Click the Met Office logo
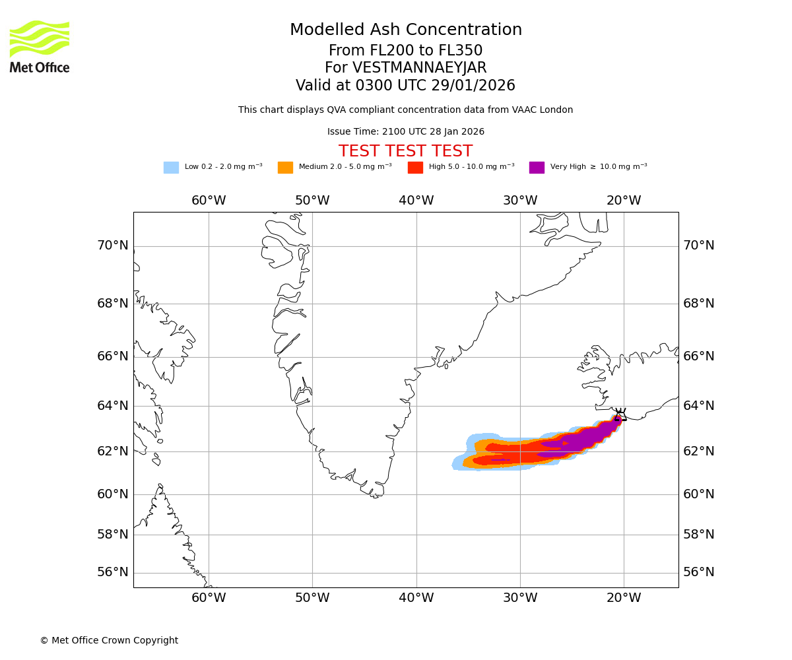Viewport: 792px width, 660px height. (40, 46)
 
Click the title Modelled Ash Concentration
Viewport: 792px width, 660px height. (406, 30)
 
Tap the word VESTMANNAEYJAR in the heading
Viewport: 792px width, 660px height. (420, 68)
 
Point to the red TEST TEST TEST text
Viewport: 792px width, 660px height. (405, 152)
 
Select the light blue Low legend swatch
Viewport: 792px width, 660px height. (171, 168)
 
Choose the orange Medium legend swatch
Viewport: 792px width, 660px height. (285, 168)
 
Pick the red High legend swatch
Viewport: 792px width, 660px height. (415, 168)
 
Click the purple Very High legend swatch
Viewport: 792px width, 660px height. (537, 168)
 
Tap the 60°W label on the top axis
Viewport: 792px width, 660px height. (209, 201)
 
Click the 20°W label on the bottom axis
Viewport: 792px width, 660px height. (624, 598)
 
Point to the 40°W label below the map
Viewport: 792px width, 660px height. (416, 598)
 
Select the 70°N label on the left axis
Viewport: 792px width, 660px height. (113, 246)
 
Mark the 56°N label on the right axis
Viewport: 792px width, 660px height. (699, 572)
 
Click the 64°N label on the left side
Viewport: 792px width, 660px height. (113, 405)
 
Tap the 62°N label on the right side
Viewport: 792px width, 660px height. (699, 451)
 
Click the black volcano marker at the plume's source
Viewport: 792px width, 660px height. (620, 414)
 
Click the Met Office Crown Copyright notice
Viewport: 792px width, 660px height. (109, 640)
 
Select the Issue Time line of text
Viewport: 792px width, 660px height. (406, 132)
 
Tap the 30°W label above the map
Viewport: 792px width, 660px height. (520, 201)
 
